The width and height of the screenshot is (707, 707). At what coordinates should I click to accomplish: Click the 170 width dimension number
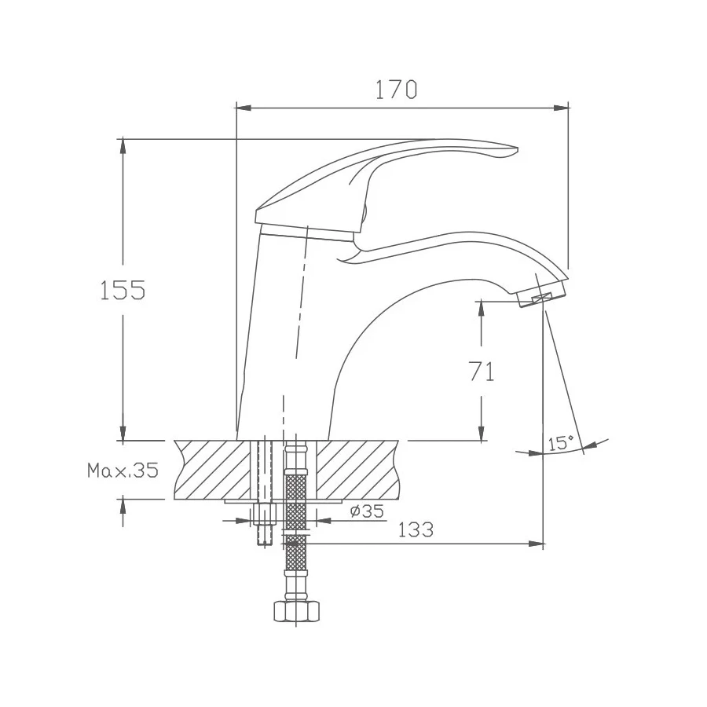tap(397, 90)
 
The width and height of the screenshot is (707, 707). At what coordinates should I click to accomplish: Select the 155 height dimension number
tap(123, 289)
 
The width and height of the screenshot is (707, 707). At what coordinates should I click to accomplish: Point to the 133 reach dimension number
tap(416, 529)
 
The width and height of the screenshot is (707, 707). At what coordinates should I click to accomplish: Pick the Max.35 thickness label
tap(123, 471)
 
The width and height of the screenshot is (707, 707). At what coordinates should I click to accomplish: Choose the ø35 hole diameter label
tap(367, 511)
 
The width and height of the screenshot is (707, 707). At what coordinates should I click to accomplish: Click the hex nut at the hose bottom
tap(296, 611)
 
